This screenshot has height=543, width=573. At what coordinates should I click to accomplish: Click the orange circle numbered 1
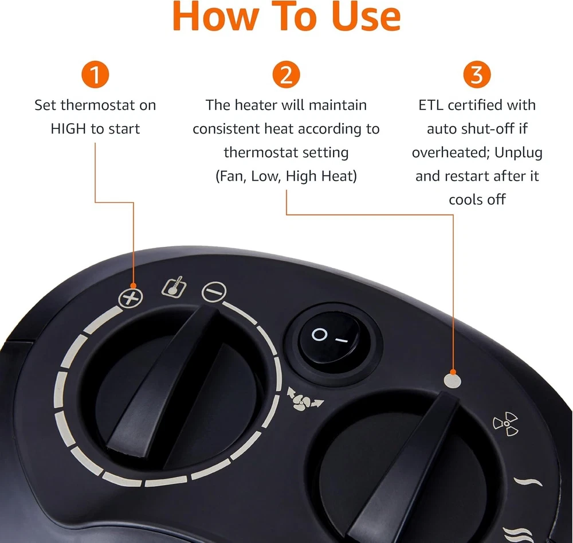coord(95,75)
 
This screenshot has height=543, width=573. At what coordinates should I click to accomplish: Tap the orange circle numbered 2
coord(286,75)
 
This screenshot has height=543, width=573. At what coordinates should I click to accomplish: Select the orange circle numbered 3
coord(477,75)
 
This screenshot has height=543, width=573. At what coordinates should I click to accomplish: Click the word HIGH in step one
coord(68,128)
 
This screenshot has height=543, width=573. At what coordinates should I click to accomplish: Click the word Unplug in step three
coord(518,153)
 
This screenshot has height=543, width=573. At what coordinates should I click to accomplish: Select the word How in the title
coord(215,17)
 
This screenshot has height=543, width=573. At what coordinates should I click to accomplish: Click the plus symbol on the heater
coord(130,298)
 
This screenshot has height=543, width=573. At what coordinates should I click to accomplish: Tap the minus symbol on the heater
coord(214,291)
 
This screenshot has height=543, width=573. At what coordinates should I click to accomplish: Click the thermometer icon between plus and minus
coord(174,287)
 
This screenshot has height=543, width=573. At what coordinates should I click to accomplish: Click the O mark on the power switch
coord(319,334)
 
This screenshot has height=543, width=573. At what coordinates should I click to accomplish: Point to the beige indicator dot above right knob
coord(453,381)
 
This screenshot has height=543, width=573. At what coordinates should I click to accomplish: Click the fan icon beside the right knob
coord(506,424)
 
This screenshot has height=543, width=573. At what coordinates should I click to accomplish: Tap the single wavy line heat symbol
coord(528,482)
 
